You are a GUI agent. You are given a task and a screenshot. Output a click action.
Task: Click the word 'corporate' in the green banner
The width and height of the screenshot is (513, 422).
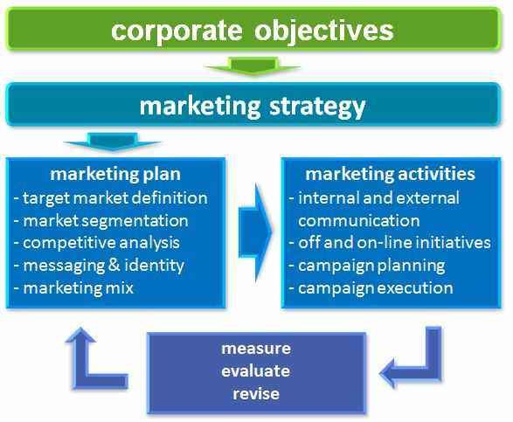[177, 31]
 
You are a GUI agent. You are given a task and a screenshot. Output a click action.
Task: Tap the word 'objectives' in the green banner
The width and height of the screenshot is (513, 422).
[324, 31]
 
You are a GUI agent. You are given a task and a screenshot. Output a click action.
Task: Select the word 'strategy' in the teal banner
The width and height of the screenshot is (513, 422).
[317, 107]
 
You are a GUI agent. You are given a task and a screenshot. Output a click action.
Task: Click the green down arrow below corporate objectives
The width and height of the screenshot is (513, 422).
[253, 66]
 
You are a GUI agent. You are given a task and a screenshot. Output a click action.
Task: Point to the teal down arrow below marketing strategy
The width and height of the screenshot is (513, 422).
[113, 142]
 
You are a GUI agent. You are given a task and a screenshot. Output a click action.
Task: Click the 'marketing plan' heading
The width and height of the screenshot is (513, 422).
[115, 174]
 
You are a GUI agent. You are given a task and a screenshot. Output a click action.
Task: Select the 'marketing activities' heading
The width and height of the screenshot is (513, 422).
[390, 174]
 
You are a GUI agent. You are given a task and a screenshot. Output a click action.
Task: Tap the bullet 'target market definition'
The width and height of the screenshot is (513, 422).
[115, 198]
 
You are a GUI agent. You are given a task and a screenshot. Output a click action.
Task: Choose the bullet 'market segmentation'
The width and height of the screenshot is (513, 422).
[106, 221]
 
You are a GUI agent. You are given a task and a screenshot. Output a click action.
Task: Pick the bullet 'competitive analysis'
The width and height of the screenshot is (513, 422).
[101, 243]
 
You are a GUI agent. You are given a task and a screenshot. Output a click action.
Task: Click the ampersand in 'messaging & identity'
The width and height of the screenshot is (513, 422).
[114, 265]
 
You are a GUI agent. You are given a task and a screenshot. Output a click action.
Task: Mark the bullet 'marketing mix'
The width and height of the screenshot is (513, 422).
[79, 288]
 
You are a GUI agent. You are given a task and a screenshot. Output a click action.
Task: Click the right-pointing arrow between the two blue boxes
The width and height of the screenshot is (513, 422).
[256, 232]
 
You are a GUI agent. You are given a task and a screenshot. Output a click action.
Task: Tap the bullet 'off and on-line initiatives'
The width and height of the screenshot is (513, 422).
[394, 243]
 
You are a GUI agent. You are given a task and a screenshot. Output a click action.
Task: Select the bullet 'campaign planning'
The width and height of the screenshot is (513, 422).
[371, 266]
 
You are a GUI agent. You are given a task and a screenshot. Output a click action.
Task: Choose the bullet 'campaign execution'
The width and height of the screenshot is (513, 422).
[376, 288]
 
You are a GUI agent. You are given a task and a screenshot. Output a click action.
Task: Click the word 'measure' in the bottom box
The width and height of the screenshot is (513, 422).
[256, 349]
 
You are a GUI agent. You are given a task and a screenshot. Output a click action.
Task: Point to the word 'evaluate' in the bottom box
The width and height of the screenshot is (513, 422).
[255, 371]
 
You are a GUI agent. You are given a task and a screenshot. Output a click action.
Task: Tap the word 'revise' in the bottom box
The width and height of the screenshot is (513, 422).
[256, 394]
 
